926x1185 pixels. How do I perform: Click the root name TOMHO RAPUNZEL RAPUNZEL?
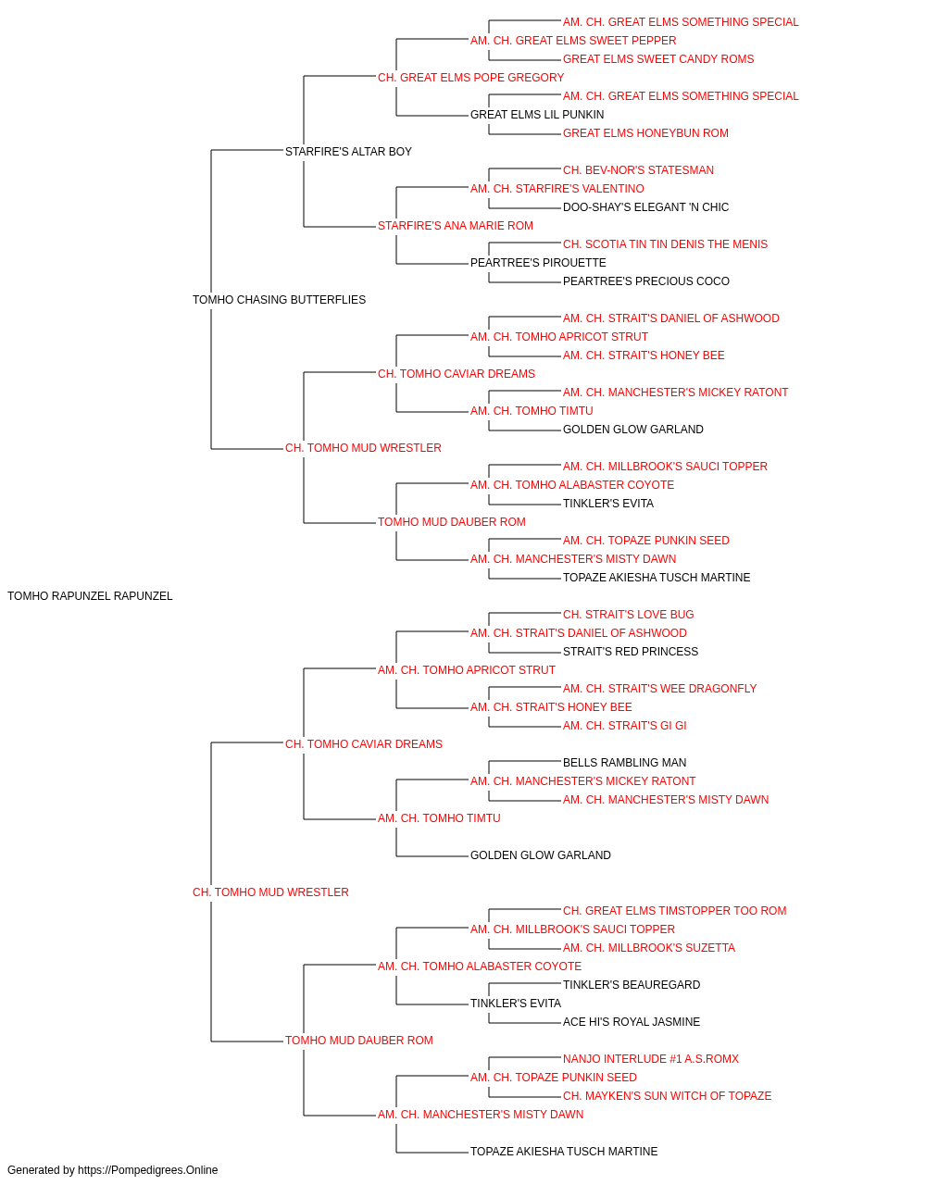click(x=90, y=596)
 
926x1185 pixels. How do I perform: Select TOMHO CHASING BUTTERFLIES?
click(x=280, y=300)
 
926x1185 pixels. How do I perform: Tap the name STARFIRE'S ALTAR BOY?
click(x=348, y=152)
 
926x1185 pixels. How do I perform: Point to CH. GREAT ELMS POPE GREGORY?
click(x=471, y=78)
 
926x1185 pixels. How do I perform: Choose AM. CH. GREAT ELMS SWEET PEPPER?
click(x=573, y=41)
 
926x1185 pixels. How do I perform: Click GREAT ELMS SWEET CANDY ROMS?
click(x=658, y=59)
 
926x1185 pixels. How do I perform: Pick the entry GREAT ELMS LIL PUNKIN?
click(x=537, y=115)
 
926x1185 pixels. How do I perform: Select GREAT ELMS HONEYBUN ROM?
click(x=645, y=133)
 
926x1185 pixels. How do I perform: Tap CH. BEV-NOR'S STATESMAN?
click(x=638, y=170)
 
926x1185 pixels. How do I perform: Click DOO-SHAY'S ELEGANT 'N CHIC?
click(x=645, y=207)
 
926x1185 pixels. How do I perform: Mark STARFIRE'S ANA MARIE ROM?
click(x=456, y=226)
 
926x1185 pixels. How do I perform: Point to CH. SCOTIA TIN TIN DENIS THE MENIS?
click(x=665, y=244)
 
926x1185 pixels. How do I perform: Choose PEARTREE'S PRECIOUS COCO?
click(x=646, y=281)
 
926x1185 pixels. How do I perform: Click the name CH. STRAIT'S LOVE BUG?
click(x=628, y=615)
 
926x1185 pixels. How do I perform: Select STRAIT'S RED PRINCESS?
click(x=631, y=652)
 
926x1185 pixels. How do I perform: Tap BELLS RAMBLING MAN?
click(x=624, y=763)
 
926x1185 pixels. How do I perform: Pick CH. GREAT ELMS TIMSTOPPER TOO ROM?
click(x=675, y=911)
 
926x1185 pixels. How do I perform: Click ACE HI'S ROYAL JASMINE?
click(x=632, y=1022)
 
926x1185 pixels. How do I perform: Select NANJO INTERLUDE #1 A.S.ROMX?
click(x=651, y=1059)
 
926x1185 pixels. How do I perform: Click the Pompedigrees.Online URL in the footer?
click(x=147, y=1170)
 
